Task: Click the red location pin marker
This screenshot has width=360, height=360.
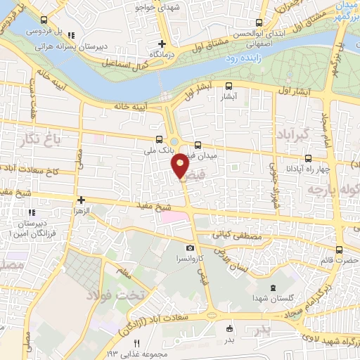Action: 181,166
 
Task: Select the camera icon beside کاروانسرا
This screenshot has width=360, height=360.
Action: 190,248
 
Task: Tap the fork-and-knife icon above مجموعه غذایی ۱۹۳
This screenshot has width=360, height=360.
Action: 138,342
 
